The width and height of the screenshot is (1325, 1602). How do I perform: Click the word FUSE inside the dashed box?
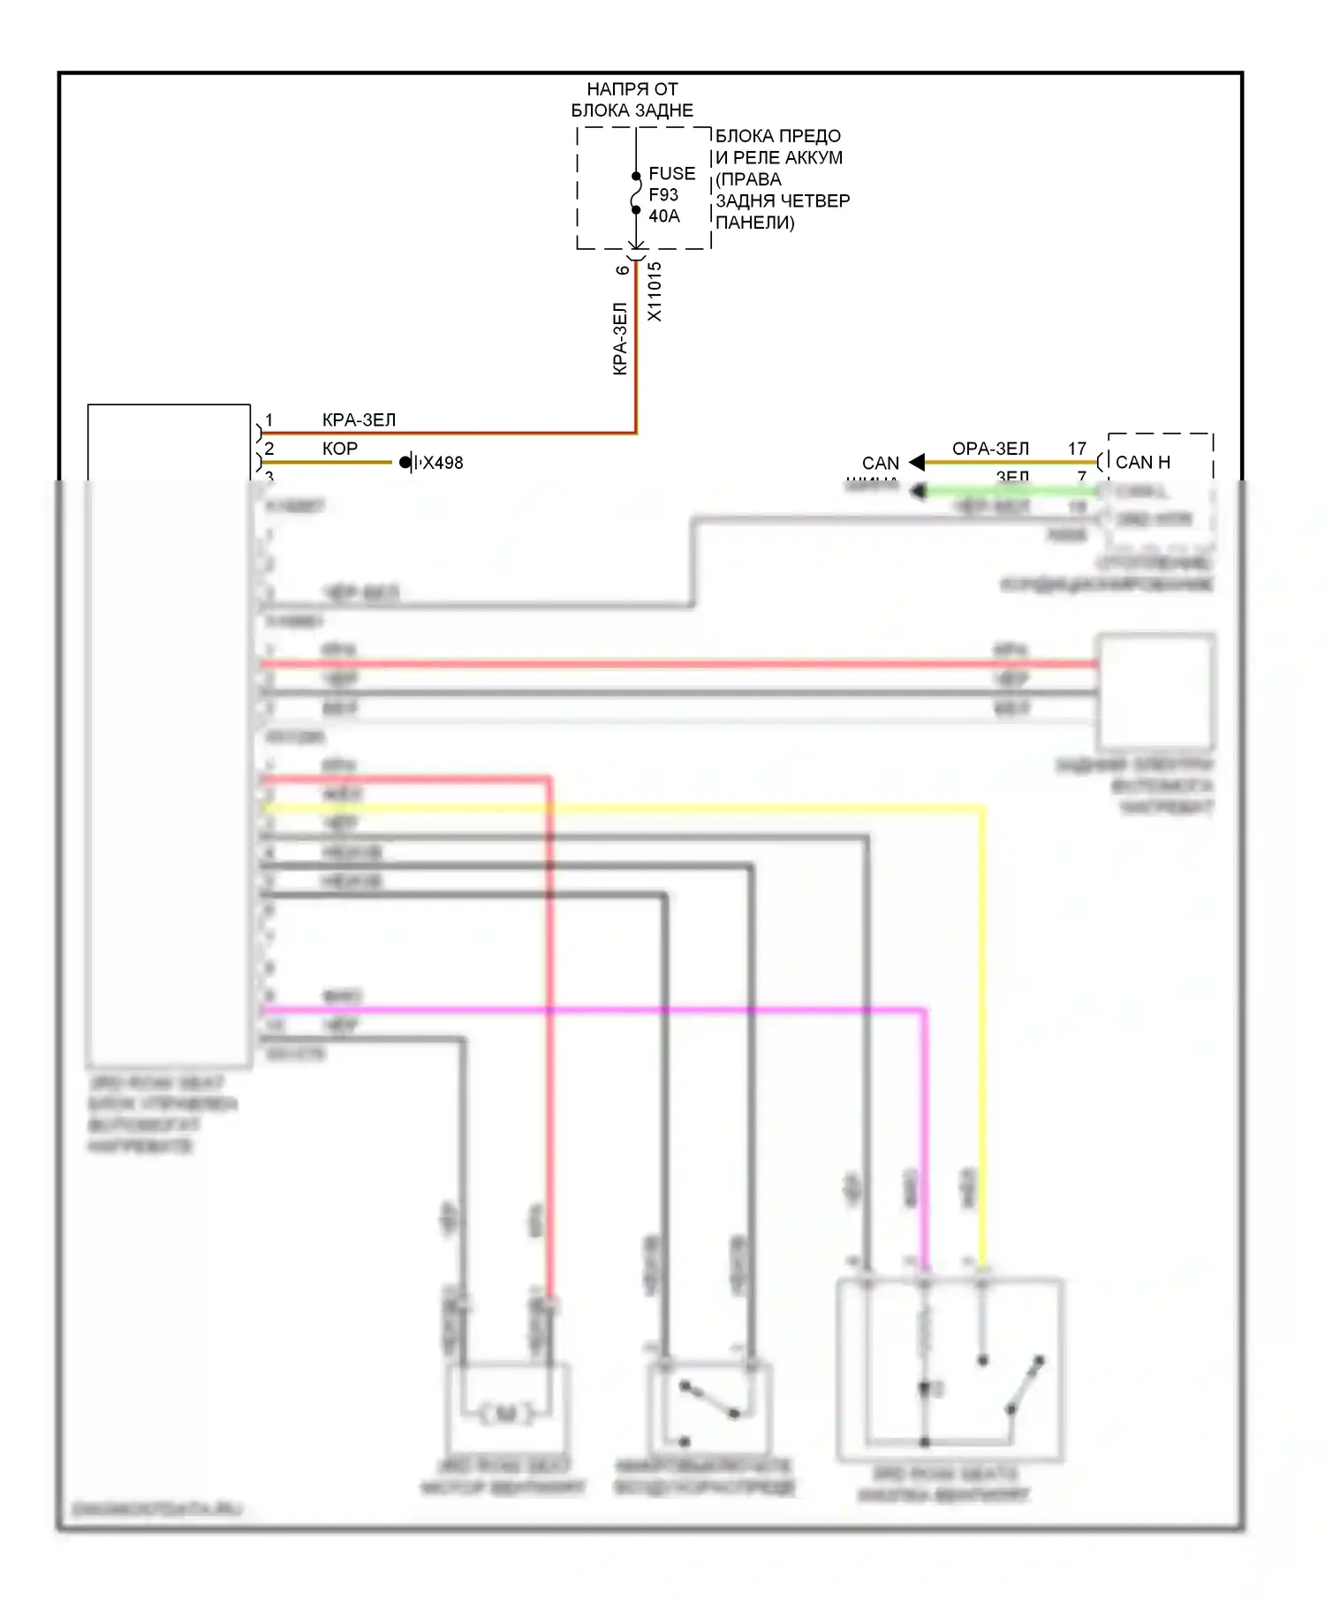671,174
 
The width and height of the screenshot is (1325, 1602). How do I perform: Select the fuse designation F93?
663,195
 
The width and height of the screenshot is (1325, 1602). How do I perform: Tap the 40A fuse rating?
663,216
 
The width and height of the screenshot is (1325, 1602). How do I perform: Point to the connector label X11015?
655,291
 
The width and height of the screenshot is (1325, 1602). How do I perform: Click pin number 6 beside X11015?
624,270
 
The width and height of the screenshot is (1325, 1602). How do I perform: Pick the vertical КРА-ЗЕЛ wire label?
620,339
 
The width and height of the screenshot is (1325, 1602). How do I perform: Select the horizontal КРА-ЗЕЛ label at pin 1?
359,420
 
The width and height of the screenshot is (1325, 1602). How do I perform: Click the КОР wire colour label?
340,449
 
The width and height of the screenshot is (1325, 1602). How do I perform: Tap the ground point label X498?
443,463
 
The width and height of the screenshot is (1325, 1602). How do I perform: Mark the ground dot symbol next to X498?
405,462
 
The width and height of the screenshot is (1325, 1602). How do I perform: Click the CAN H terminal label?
1142,462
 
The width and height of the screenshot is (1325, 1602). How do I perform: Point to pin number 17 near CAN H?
1077,449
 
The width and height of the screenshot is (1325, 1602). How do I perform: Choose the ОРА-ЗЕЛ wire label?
990,449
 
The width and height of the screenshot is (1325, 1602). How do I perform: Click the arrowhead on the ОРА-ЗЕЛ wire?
917,462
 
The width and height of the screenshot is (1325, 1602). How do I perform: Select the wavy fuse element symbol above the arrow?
636,193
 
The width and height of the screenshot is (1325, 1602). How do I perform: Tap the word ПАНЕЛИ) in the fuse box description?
754,223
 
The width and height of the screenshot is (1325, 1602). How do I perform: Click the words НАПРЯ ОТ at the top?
632,89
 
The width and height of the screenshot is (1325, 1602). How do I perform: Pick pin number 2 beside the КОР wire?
269,449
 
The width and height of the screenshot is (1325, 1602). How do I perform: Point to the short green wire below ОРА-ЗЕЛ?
1007,491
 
